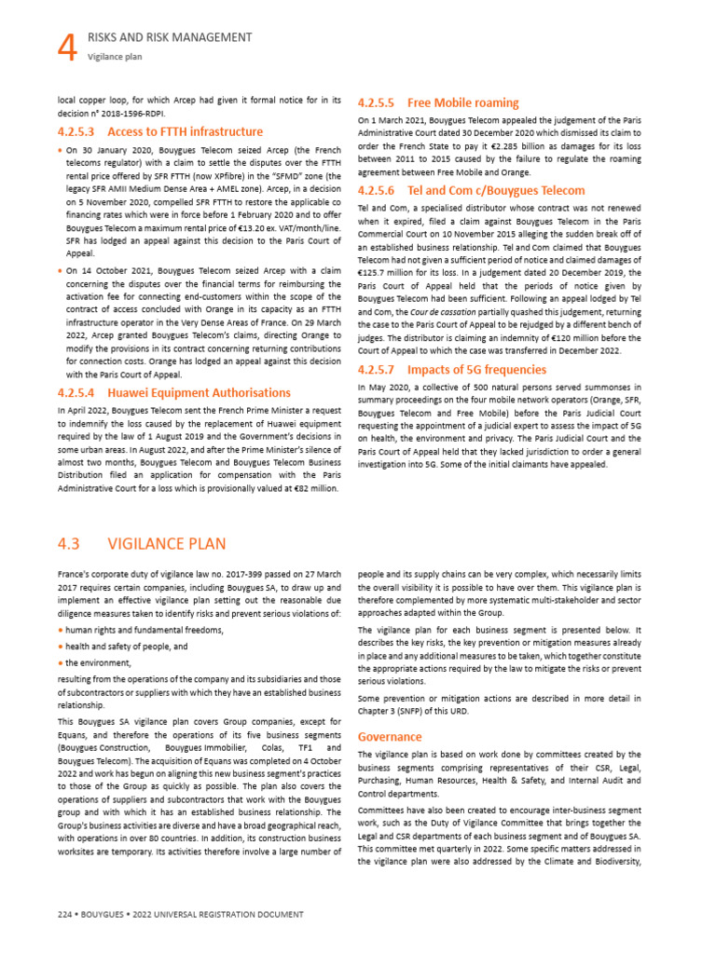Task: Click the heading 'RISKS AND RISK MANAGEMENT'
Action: [x=170, y=37]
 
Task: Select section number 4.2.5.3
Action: [x=77, y=131]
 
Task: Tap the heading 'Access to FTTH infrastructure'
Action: [x=186, y=131]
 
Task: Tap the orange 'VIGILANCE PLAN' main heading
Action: [x=167, y=543]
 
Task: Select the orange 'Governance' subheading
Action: [x=389, y=736]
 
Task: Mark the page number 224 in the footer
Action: [x=66, y=915]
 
